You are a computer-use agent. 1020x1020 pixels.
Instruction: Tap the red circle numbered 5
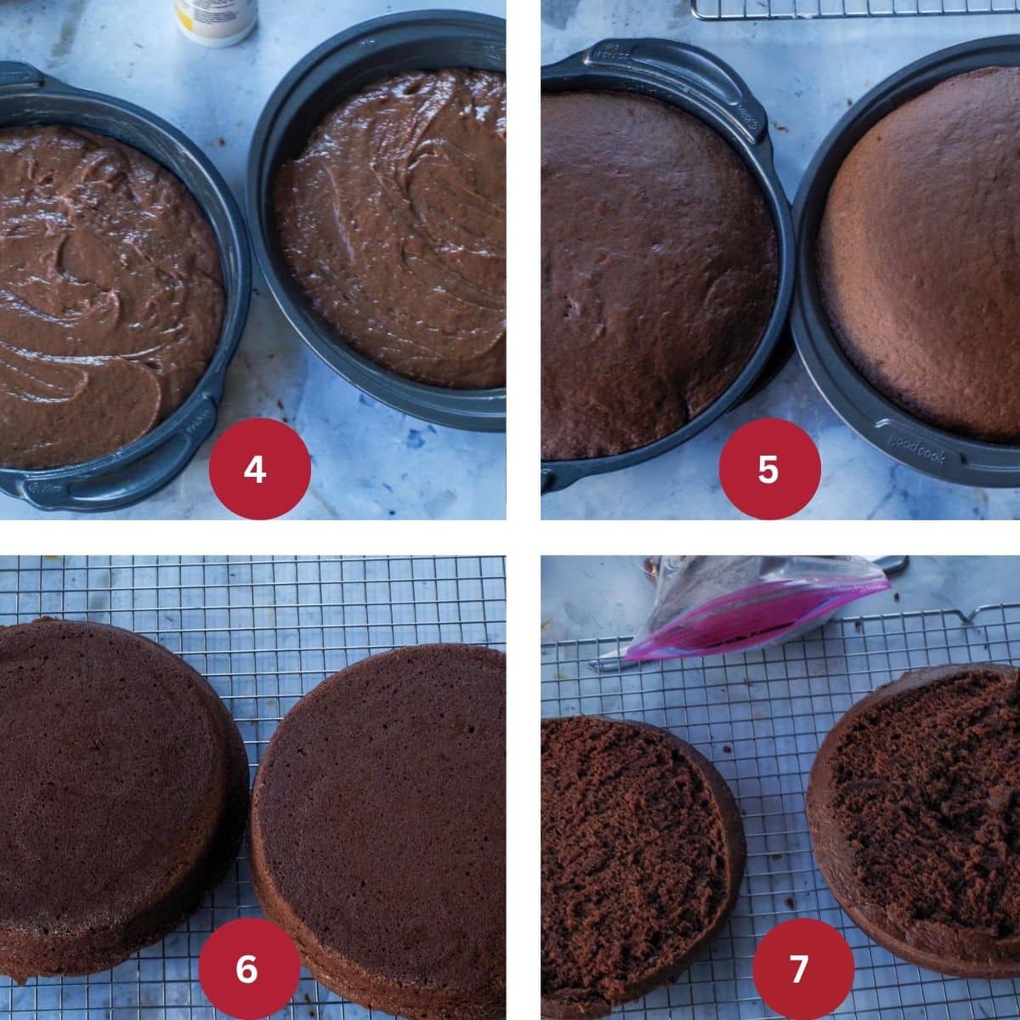point(769,468)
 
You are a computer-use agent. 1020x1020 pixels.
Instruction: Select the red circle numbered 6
point(248,968)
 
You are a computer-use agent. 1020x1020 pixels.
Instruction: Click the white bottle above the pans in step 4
point(216,19)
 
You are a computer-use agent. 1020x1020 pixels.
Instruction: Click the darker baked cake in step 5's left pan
point(654,272)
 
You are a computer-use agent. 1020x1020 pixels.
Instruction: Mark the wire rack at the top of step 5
point(850,8)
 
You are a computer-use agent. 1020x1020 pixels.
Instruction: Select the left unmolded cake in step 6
point(110,782)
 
